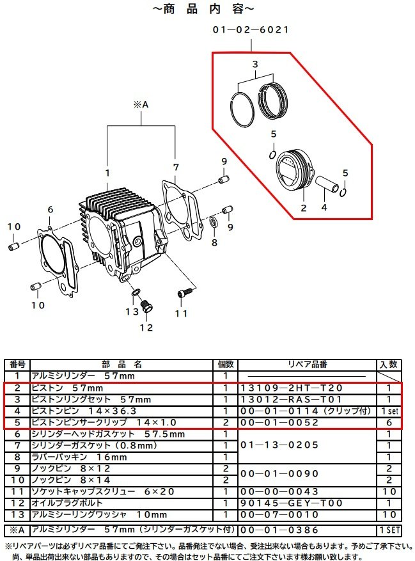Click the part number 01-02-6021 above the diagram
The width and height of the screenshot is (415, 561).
tap(251, 29)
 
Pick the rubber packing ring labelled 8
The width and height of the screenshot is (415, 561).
tap(214, 223)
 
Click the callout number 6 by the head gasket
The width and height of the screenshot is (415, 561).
tap(50, 209)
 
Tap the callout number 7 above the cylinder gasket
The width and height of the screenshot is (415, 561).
tap(176, 168)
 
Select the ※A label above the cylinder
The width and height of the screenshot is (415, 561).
tap(141, 105)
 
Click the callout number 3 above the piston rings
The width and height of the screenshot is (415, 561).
tap(255, 65)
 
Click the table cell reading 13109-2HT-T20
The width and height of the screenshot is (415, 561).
tap(292, 388)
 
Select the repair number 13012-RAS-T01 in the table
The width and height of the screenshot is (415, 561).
tap(292, 400)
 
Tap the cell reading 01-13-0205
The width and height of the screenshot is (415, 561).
tap(279, 445)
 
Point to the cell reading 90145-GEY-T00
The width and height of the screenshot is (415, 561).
tap(292, 503)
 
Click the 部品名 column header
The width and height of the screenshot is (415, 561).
tap(121, 365)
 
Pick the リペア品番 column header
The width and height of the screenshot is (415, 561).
tap(308, 365)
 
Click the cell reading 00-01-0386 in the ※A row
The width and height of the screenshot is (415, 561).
tap(279, 530)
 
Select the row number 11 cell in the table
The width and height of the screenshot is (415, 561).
tap(17, 491)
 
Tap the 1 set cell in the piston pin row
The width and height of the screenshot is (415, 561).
tap(389, 411)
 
